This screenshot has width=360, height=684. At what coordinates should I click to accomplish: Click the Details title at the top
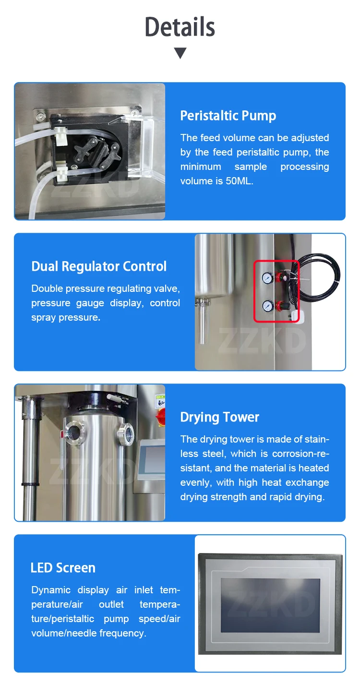[180, 27]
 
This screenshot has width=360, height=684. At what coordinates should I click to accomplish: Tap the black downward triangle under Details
[180, 53]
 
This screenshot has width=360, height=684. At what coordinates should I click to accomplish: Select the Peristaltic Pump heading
[228, 116]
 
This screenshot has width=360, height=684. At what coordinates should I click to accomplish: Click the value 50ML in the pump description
[239, 181]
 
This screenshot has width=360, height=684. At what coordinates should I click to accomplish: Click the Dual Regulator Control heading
[99, 266]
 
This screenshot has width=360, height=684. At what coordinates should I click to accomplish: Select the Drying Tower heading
[219, 417]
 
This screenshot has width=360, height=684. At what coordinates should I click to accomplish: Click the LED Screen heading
[63, 568]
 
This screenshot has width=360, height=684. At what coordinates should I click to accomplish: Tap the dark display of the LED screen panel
[270, 605]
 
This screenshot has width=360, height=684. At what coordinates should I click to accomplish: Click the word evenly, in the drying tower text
[197, 482]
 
